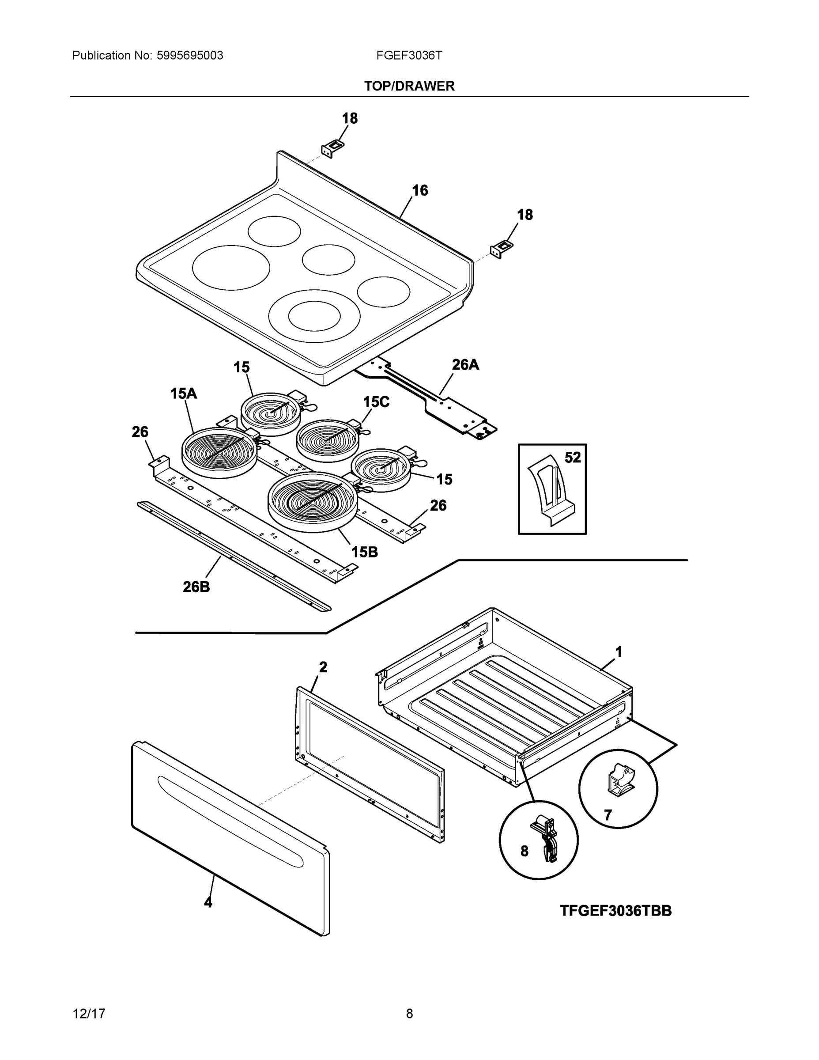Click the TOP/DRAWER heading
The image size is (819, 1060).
pyautogui.click(x=409, y=86)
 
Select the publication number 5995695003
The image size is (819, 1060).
pyautogui.click(x=190, y=56)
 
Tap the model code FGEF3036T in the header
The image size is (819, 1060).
pyautogui.click(x=409, y=56)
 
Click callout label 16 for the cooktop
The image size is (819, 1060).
pyautogui.click(x=420, y=190)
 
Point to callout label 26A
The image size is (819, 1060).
pyautogui.click(x=465, y=365)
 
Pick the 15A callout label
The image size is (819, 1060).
pyautogui.click(x=183, y=394)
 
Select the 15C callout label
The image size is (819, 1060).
pyautogui.click(x=376, y=402)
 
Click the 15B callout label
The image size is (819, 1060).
pyautogui.click(x=364, y=552)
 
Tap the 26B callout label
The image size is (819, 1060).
pyautogui.click(x=196, y=587)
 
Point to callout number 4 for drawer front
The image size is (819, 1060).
pyautogui.click(x=208, y=902)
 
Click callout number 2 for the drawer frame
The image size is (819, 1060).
pyautogui.click(x=323, y=667)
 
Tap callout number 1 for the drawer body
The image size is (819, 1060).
pyautogui.click(x=619, y=651)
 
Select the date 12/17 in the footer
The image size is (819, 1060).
pyautogui.click(x=89, y=1014)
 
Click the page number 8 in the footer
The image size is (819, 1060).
pyautogui.click(x=409, y=1014)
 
